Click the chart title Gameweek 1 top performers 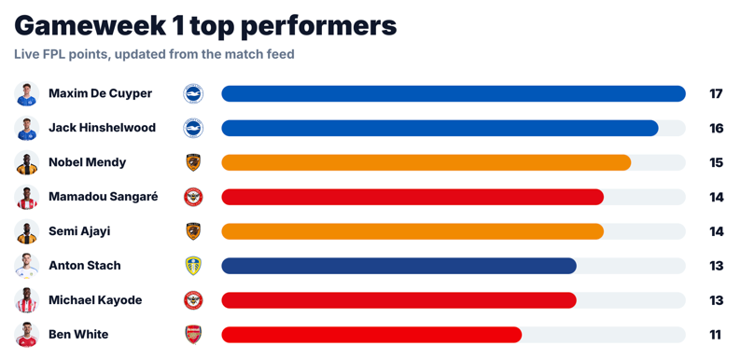[205, 26]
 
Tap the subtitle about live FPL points [154, 54]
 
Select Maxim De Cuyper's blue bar [454, 93]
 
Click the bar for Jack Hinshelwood [440, 128]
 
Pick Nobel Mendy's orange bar [426, 162]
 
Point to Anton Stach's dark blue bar [398, 266]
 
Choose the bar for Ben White [371, 335]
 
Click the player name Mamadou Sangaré [103, 197]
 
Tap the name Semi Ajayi [79, 231]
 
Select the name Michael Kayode [95, 300]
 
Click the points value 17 [716, 93]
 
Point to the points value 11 [716, 335]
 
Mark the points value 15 [716, 162]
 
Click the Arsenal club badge [193, 335]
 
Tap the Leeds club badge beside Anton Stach [193, 266]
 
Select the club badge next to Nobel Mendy [193, 162]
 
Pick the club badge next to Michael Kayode [193, 300]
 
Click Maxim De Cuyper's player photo [26, 93]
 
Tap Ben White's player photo [26, 335]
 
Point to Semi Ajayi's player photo [26, 231]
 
